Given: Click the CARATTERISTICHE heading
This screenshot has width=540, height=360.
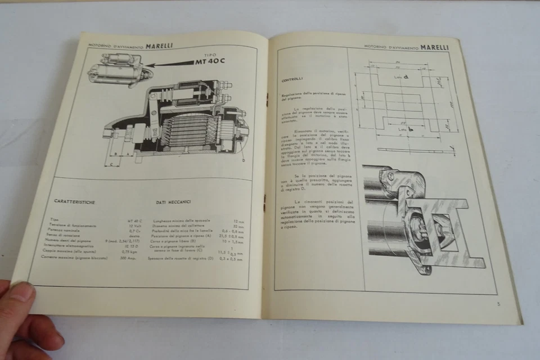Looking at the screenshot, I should [75, 201].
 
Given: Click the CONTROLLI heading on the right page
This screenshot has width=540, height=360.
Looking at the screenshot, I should [292, 79].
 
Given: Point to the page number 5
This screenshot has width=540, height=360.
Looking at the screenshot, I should [498, 304].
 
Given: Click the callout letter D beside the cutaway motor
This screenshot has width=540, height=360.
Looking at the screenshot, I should [243, 160].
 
